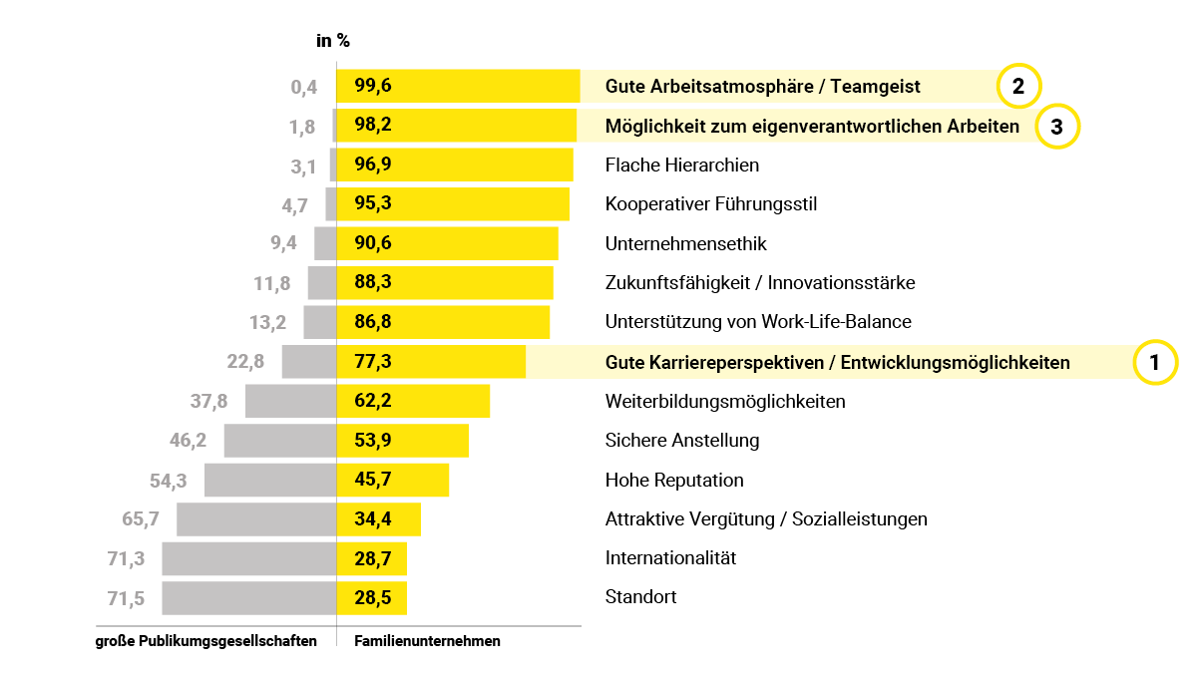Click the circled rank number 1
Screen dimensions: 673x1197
pyautogui.click(x=1155, y=362)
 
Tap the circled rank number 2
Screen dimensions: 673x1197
pyautogui.click(x=1018, y=87)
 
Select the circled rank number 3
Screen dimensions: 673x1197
pyautogui.click(x=1057, y=127)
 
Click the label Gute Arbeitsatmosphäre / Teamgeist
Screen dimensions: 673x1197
pyautogui.click(x=762, y=87)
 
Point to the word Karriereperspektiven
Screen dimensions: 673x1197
pyautogui.click(x=713, y=363)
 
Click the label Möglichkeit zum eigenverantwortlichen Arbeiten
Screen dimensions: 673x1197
pyautogui.click(x=812, y=127)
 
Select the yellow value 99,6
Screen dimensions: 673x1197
pyautogui.click(x=373, y=87)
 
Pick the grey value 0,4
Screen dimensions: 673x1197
pyautogui.click(x=304, y=88)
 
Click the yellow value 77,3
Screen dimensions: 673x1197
pyautogui.click(x=373, y=362)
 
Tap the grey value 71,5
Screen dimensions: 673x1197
pyautogui.click(x=126, y=599)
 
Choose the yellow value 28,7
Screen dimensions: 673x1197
pyautogui.click(x=372, y=559)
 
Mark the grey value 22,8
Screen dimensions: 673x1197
pyautogui.click(x=246, y=362)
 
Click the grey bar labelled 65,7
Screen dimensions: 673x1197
pyautogui.click(x=256, y=519)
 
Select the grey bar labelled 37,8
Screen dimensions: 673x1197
pyautogui.click(x=290, y=401)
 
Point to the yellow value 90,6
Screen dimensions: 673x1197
pyautogui.click(x=373, y=243)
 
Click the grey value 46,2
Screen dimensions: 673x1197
pyautogui.click(x=189, y=440)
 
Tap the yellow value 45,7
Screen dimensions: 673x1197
pyautogui.click(x=372, y=480)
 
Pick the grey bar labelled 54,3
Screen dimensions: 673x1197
pyautogui.click(x=270, y=480)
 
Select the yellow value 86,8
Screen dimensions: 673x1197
pyautogui.click(x=373, y=322)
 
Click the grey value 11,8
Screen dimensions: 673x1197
pyautogui.click(x=272, y=283)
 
